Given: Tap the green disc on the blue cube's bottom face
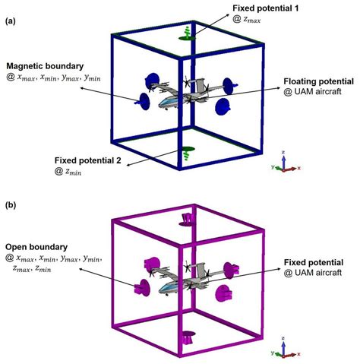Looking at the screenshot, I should point(182,152).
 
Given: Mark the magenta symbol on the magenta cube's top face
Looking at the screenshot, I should point(188,220).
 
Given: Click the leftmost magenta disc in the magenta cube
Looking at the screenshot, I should point(140,286).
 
